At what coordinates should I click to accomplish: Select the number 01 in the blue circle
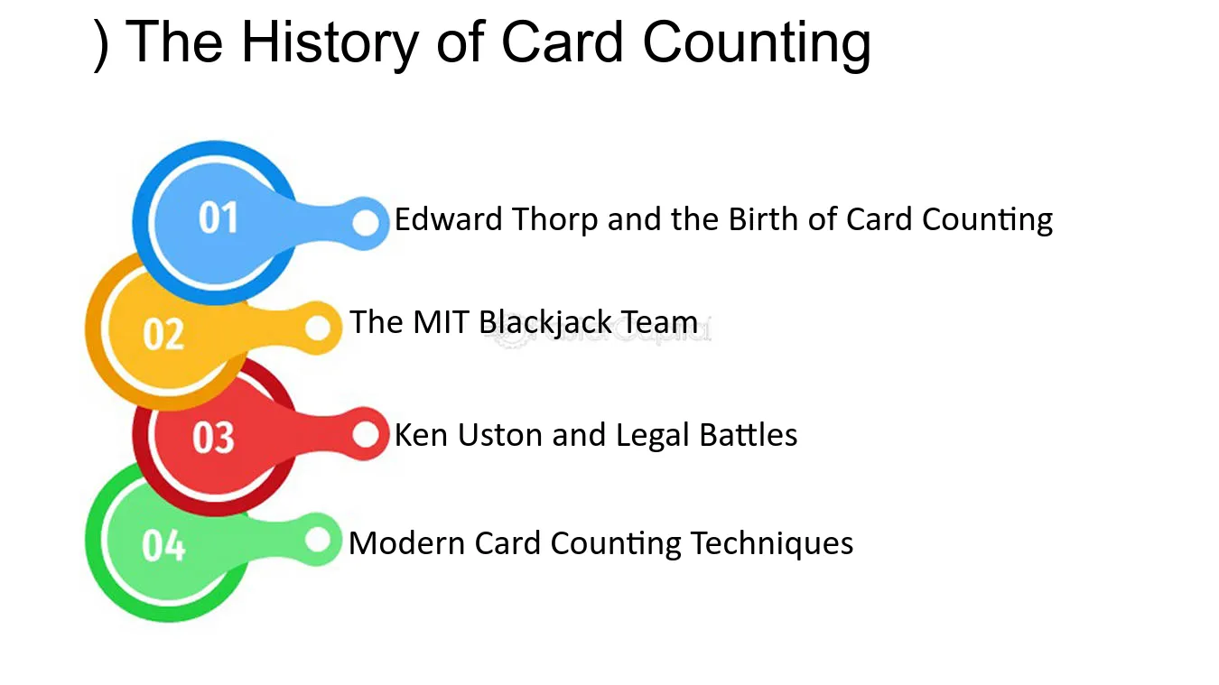[x=219, y=218]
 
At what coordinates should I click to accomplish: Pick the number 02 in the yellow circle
[x=163, y=334]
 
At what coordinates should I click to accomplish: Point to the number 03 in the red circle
[x=213, y=437]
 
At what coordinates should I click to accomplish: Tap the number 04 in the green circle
[x=163, y=545]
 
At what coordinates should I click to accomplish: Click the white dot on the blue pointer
[x=366, y=223]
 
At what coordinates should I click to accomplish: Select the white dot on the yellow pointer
[x=318, y=328]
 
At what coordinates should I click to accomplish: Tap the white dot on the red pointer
[x=366, y=434]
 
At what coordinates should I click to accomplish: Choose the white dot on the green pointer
[x=318, y=540]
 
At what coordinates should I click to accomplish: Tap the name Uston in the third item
[x=500, y=435]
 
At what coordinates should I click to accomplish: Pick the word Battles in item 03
[x=749, y=435]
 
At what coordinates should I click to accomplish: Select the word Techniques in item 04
[x=772, y=544]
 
